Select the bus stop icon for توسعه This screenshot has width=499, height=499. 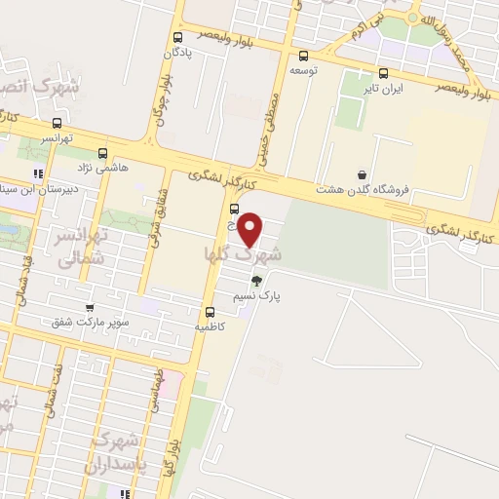tap(304, 56)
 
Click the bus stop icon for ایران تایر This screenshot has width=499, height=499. tap(383, 72)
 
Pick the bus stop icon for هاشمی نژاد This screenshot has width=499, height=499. tap(103, 152)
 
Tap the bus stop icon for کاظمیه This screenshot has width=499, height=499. tap(209, 312)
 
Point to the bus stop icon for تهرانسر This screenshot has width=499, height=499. tap(57, 124)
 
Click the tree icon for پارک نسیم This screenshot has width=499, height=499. tap(256, 281)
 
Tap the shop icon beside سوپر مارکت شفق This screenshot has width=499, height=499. tap(90, 307)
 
